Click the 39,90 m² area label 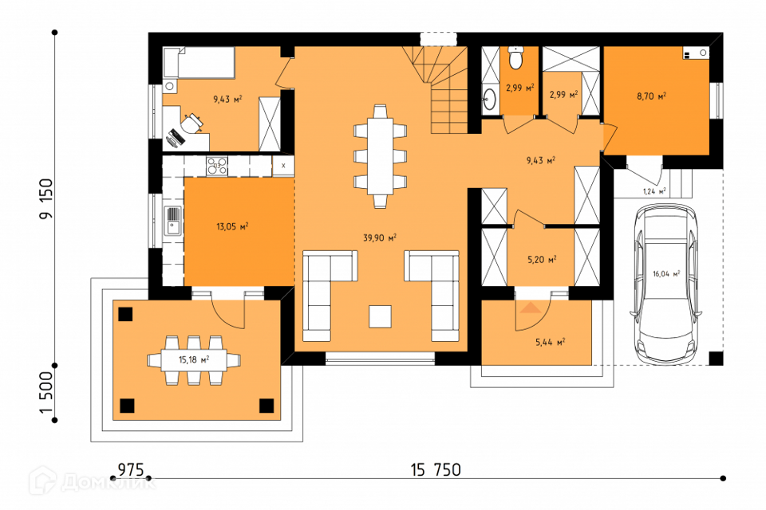[380, 237]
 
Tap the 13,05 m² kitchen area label [232, 226]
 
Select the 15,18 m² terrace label [193, 359]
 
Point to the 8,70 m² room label [651, 96]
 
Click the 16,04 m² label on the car [666, 274]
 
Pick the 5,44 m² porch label [550, 342]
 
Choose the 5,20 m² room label [542, 260]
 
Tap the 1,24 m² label [654, 191]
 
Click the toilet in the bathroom [515, 57]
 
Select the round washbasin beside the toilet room [489, 100]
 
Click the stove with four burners [217, 166]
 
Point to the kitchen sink [173, 221]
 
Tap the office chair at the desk [193, 122]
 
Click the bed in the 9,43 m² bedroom [199, 62]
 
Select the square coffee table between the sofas [380, 316]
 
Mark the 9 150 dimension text [46, 198]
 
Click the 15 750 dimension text [436, 470]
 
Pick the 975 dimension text [131, 470]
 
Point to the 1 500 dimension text [46, 392]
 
